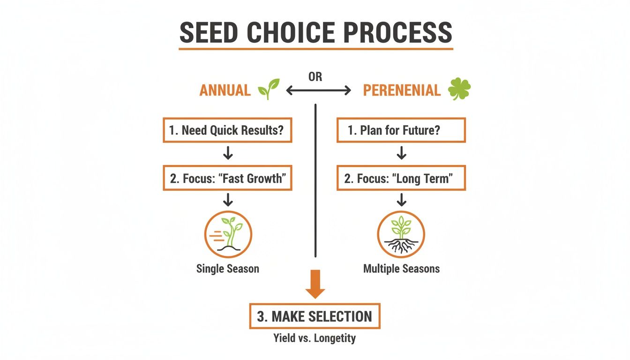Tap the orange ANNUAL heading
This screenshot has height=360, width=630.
coord(225,90)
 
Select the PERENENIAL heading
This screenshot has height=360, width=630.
coord(402,90)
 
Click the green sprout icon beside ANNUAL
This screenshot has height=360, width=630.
coord(269,88)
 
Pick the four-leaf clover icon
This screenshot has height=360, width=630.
coord(459,89)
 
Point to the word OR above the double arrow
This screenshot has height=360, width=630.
coord(315,76)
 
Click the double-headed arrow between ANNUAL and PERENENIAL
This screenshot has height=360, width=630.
coord(318,90)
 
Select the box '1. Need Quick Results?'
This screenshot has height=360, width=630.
coord(227,130)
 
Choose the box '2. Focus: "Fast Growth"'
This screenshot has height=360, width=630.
coord(227,178)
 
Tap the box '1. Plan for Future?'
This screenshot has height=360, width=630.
coord(401,130)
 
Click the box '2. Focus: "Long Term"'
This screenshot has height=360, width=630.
coord(401,178)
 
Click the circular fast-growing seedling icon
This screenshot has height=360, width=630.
coord(228,234)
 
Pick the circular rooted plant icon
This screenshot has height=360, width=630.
coord(401,234)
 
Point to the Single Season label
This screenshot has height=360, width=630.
coord(228,269)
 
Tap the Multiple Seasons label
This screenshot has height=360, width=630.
coord(401,269)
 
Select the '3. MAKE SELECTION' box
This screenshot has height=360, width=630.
coord(315,316)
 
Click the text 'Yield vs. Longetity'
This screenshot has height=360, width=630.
coord(315,337)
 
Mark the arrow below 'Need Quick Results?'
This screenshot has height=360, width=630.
coord(228,153)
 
